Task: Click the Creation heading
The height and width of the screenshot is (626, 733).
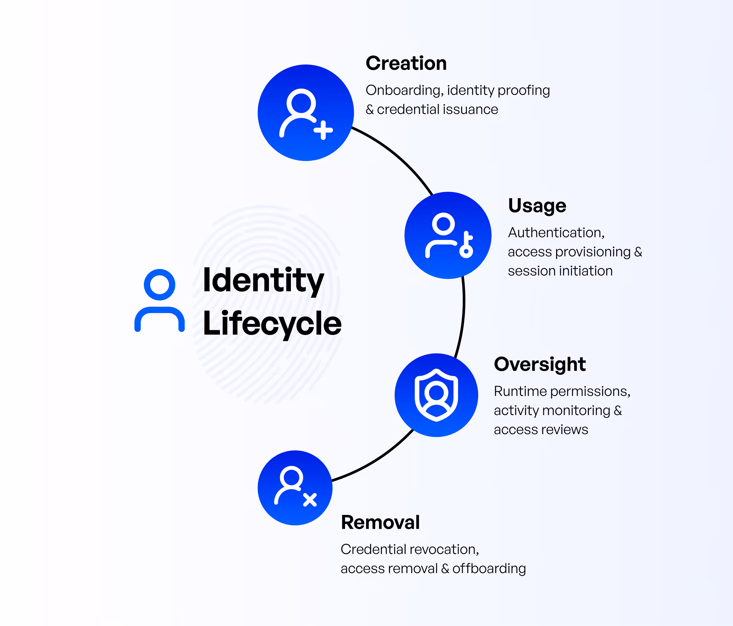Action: (406, 63)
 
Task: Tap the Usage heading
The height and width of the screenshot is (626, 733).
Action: (537, 206)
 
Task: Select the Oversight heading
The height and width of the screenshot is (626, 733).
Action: (539, 364)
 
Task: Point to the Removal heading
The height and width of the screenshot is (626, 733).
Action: (380, 522)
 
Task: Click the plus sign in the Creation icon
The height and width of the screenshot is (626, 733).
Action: (323, 130)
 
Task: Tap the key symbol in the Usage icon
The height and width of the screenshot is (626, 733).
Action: (467, 245)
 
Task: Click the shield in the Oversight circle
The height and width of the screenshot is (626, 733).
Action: (436, 395)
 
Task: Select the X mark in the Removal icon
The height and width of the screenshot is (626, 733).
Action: (310, 500)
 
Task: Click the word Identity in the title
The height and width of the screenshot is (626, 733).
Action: (263, 280)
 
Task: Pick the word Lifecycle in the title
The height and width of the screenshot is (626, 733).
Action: (272, 324)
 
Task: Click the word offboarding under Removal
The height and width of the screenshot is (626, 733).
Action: (489, 569)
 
